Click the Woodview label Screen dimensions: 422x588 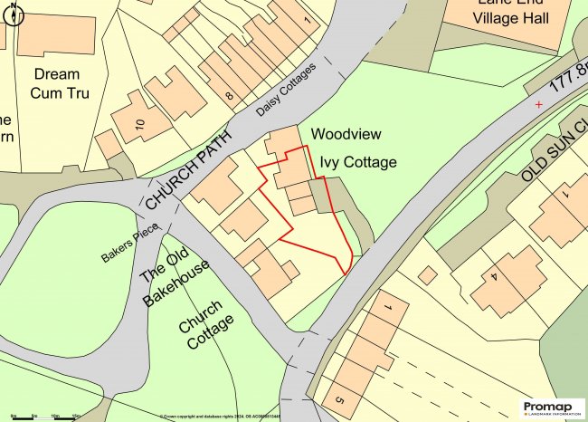tap(346, 134)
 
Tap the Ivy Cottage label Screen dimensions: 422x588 tap(357, 163)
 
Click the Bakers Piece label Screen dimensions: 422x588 tap(128, 244)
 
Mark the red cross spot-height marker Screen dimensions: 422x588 tap(540, 105)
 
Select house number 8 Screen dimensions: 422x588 tap(231, 94)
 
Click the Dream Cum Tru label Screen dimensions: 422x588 tap(56, 82)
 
